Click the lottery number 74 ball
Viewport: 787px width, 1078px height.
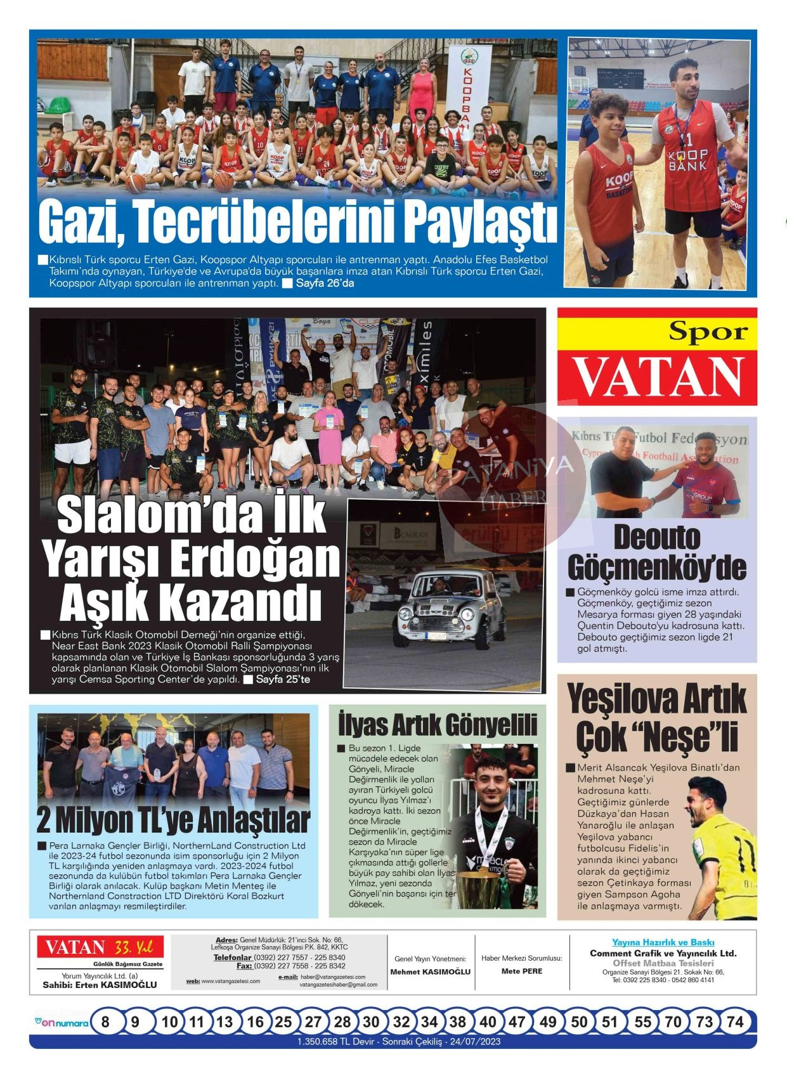[735, 1022]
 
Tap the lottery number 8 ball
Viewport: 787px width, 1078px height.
[105, 1022]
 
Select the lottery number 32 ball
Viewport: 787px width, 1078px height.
[401, 1022]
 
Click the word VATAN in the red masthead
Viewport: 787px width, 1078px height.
[658, 377]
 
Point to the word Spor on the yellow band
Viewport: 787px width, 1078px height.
[708, 331]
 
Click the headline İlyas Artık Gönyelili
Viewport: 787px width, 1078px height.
[438, 724]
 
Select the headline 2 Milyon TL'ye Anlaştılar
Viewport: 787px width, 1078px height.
[173, 820]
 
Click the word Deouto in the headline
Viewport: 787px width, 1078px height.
[657, 538]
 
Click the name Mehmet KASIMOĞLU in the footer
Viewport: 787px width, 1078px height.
[431, 971]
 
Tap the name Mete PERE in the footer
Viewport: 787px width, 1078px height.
[522, 971]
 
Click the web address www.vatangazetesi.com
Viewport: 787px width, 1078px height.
[231, 981]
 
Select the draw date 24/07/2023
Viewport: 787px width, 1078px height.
[474, 1041]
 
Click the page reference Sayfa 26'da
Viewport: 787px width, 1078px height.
[325, 283]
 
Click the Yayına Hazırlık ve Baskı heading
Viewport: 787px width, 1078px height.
[663, 942]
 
